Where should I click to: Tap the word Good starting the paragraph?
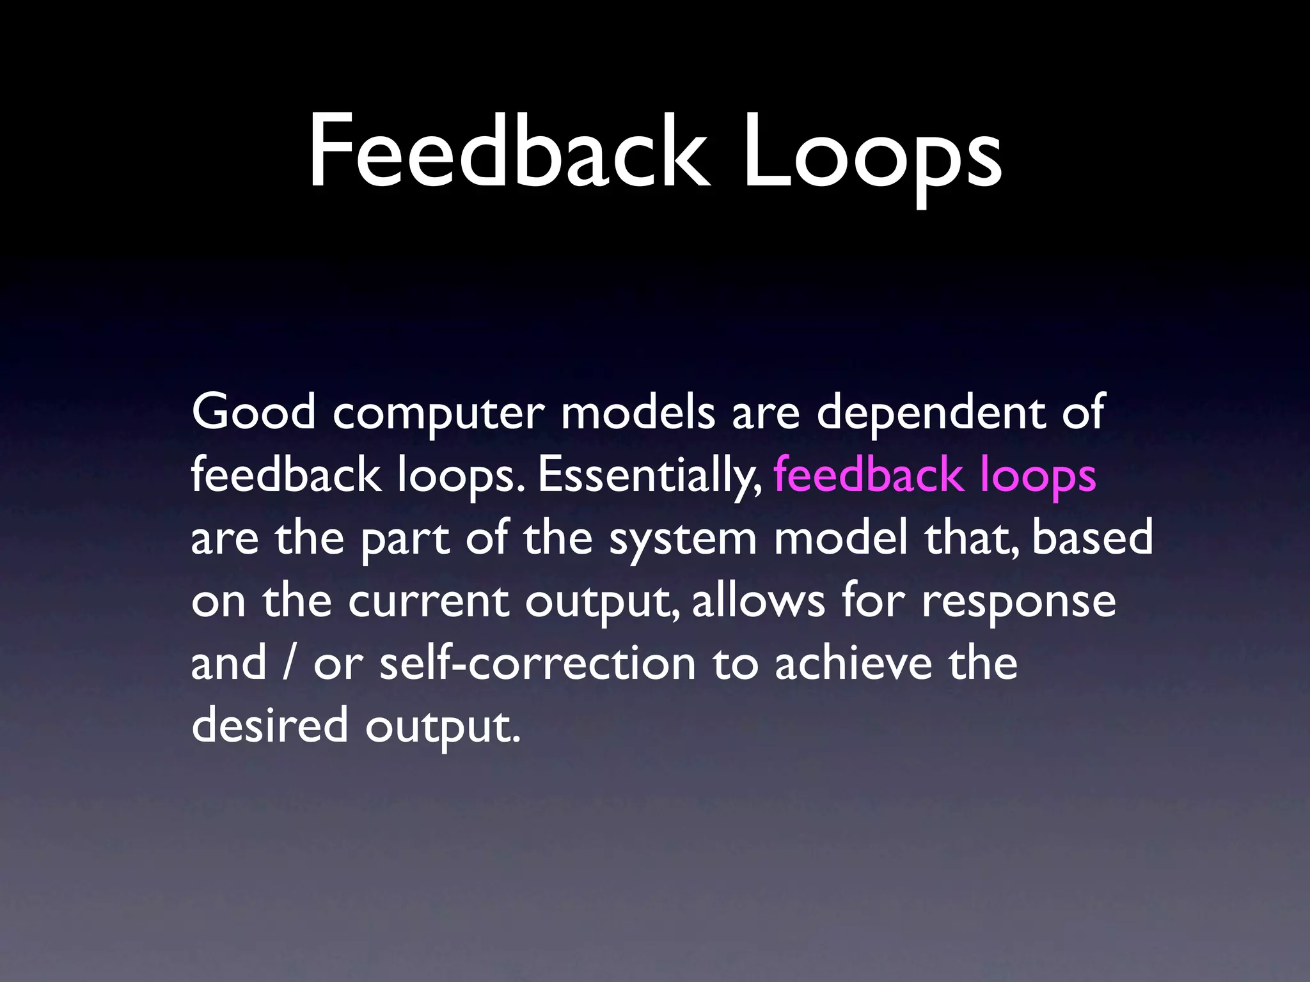point(253,412)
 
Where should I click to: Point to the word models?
point(638,412)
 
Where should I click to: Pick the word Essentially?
point(649,476)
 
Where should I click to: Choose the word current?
point(429,602)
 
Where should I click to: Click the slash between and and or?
point(289,664)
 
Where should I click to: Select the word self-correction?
point(537,663)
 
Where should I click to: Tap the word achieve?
point(854,663)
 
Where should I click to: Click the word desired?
point(269,726)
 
